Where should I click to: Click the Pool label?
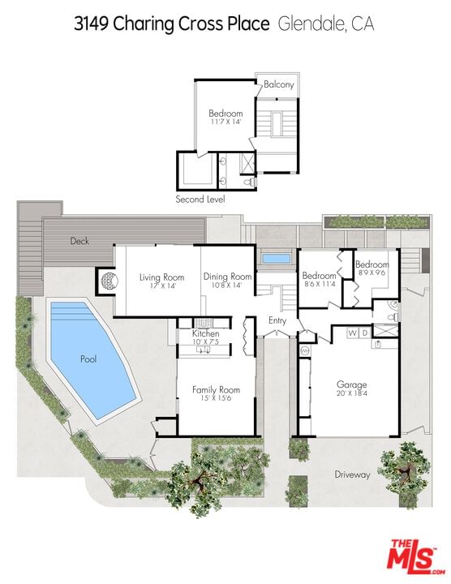(88, 359)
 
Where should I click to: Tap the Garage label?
(351, 384)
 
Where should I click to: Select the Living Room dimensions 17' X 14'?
(162, 286)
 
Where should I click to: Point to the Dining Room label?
(227, 277)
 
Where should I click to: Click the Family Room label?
(216, 389)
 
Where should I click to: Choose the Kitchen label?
(205, 333)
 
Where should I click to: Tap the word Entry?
(277, 320)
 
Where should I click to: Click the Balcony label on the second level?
(279, 84)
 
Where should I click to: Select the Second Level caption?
(200, 200)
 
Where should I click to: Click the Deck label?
(79, 241)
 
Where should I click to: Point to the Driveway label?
(352, 474)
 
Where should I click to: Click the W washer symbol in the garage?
(352, 333)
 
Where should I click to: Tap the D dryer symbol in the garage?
(365, 333)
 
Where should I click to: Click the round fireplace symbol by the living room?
(110, 279)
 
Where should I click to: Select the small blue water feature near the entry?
(277, 258)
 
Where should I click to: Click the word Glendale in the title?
(311, 24)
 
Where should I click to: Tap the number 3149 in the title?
(91, 24)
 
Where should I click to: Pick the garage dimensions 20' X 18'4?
(351, 393)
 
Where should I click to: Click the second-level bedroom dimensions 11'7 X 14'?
(225, 122)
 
